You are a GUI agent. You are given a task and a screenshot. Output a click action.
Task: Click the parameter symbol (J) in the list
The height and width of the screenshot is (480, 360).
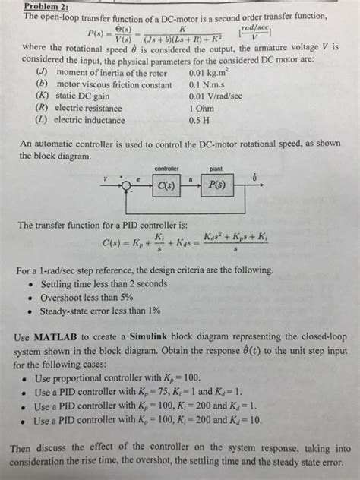43,72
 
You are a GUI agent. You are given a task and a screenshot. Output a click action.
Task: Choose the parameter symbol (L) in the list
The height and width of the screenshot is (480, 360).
43,119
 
